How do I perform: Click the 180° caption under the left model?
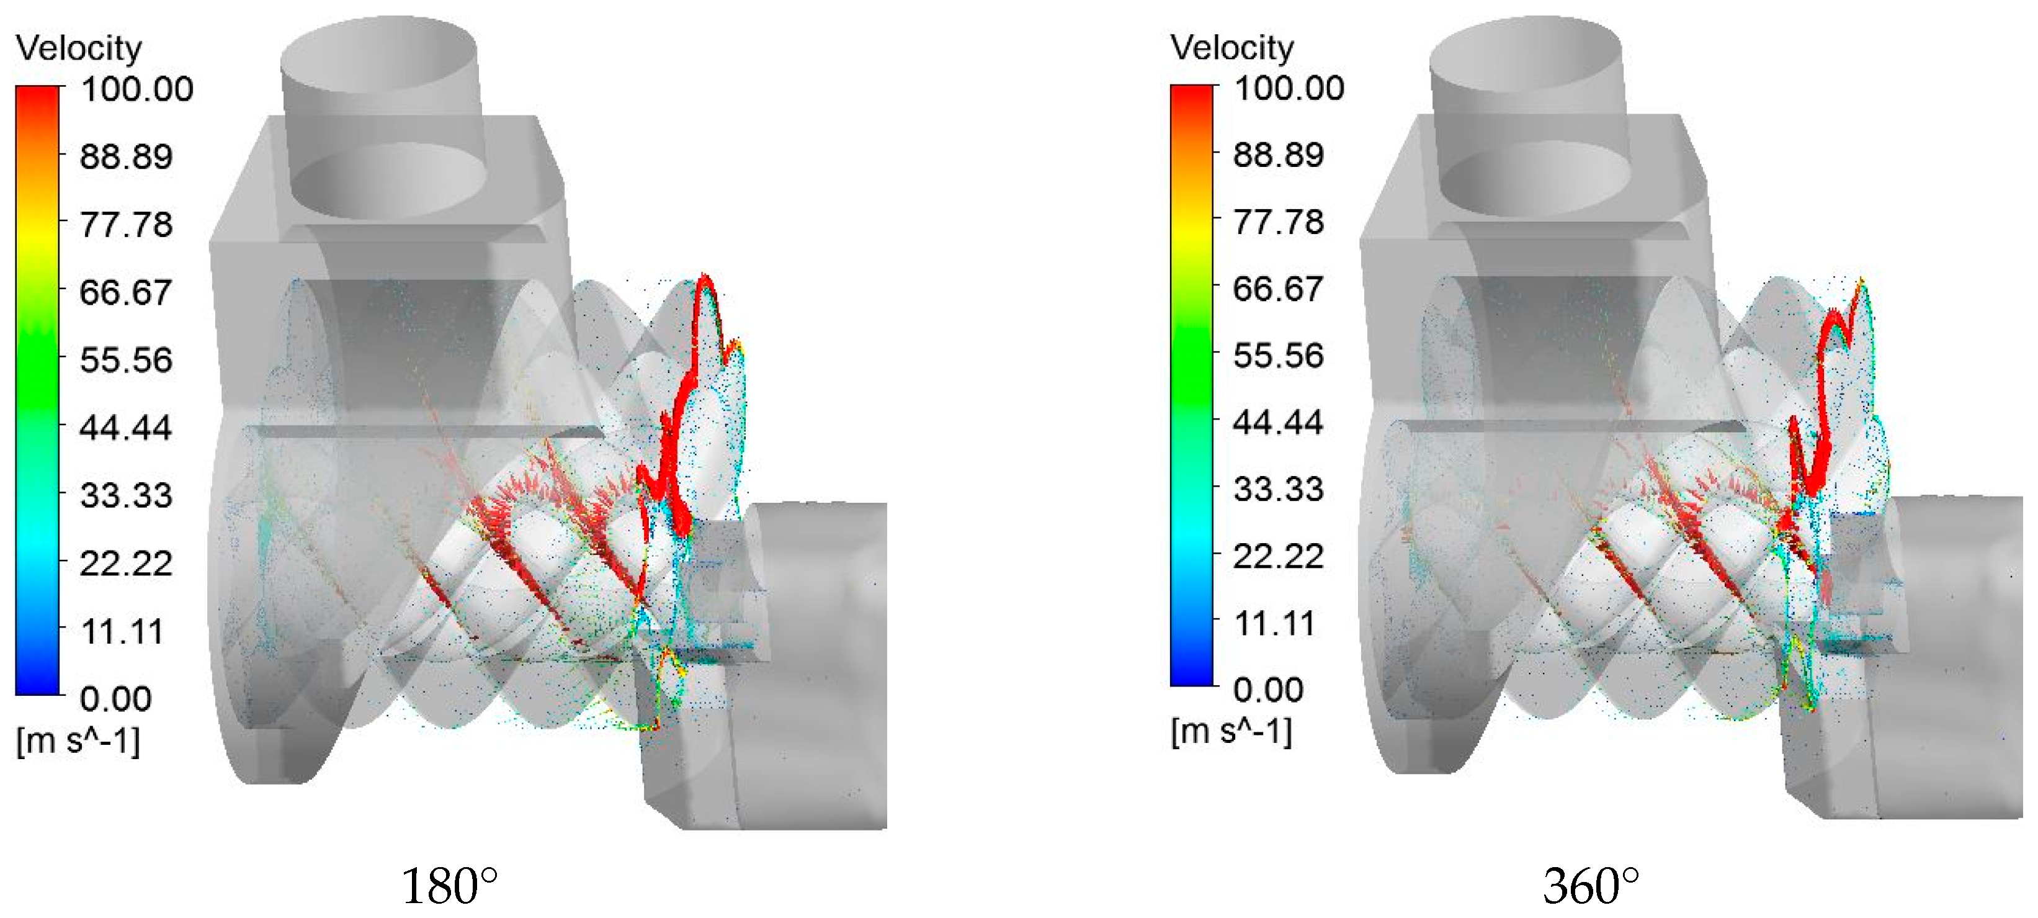449,886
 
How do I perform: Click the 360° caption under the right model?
1590,886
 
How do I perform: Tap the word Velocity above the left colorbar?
78,48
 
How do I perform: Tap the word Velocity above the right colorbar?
1232,47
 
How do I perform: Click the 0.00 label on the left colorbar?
115,699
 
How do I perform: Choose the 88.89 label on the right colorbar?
1279,155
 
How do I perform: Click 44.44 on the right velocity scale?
1279,422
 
